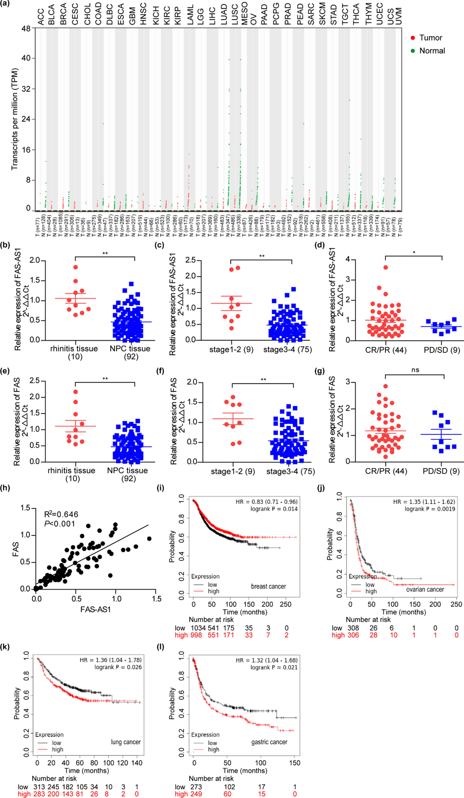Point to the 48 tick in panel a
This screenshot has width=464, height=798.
(26, 29)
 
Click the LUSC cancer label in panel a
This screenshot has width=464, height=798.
(235, 14)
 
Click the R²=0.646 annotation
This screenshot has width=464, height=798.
(61, 514)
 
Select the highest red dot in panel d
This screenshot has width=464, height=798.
(385, 267)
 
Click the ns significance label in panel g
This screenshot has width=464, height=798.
(415, 370)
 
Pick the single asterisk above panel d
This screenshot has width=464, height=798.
(414, 253)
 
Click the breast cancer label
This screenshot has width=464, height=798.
(268, 586)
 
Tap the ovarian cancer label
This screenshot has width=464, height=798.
(425, 589)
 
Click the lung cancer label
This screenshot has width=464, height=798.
(126, 742)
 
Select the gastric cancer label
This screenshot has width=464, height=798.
(269, 742)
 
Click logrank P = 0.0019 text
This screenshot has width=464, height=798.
(430, 509)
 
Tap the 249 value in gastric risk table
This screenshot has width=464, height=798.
(196, 794)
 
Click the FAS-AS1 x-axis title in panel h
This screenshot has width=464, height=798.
(95, 609)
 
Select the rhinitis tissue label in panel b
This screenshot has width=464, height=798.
(74, 349)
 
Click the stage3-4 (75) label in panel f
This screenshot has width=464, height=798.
(290, 471)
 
